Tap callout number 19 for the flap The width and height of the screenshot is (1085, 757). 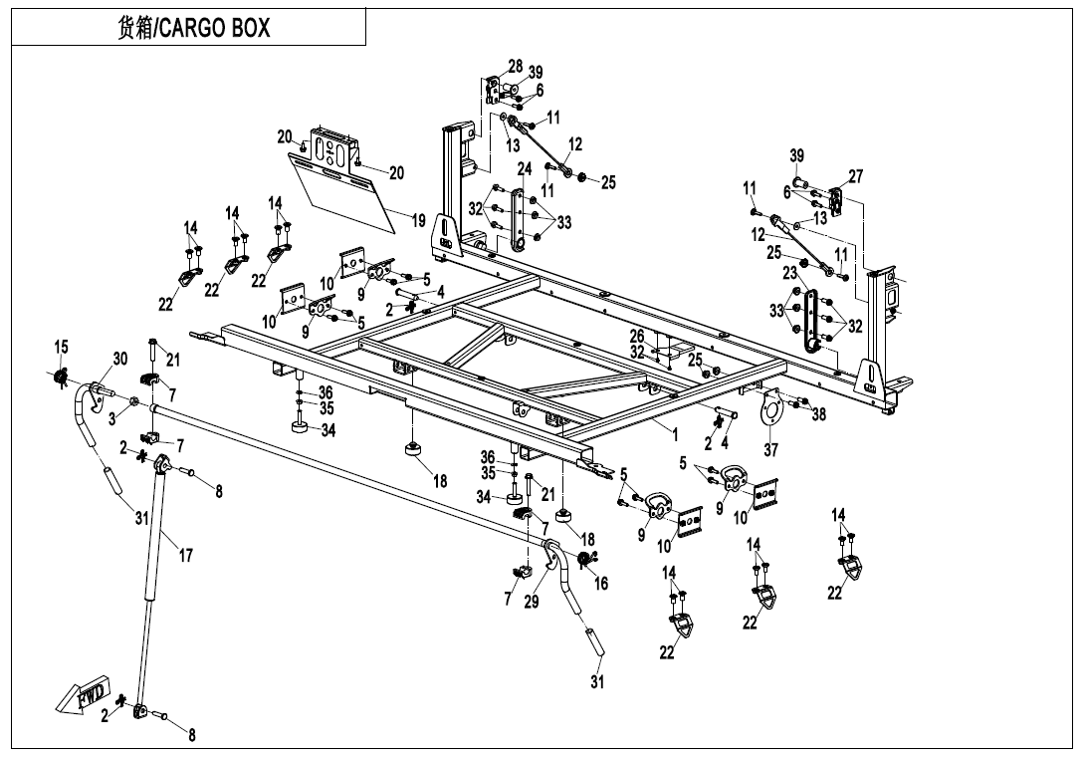pos(419,221)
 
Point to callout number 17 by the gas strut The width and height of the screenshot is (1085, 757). pos(185,556)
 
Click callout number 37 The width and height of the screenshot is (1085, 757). pos(770,450)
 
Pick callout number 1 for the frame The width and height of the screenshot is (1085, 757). pos(674,434)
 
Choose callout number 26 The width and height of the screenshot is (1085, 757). pos(637,337)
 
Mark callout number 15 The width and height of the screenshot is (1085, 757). pos(62,347)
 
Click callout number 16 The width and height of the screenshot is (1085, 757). pos(601,585)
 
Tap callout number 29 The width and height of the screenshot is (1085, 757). pos(531,601)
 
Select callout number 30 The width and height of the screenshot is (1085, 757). pos(119,360)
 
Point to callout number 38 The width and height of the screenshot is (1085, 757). pos(818,415)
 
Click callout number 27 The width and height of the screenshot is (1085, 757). pos(855,176)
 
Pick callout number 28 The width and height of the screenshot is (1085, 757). pos(515,67)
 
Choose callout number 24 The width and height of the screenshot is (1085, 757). pos(525,170)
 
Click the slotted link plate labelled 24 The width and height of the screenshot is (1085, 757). pos(518,221)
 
